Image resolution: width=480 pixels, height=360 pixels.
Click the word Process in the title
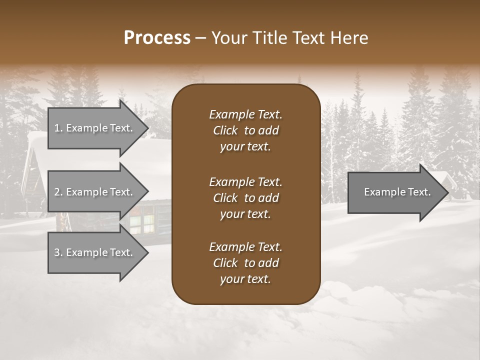[157, 38]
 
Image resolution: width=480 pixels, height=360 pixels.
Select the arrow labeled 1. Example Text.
[95, 128]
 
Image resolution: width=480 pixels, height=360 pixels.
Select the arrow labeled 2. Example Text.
[95, 192]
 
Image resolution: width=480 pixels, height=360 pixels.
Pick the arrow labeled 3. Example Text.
[95, 252]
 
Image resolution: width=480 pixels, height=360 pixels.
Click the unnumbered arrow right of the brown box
[395, 192]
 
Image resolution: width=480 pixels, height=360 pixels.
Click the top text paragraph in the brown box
[245, 130]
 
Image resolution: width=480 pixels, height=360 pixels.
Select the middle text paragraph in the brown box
[245, 197]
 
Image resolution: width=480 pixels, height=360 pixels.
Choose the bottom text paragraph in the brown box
[245, 263]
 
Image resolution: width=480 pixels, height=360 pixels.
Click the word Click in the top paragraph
[225, 130]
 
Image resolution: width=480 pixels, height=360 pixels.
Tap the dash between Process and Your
[201, 38]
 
